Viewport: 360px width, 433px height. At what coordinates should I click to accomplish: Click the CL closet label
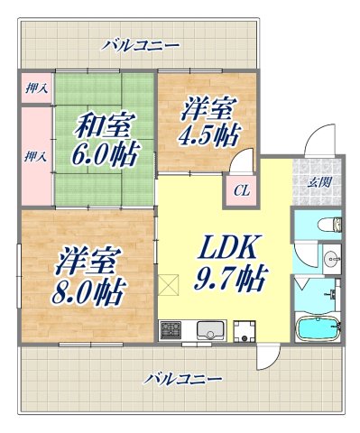pos(241,189)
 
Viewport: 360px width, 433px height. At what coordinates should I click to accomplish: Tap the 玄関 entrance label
pos(320,183)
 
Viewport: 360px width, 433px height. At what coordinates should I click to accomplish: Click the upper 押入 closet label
pos(34,88)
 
